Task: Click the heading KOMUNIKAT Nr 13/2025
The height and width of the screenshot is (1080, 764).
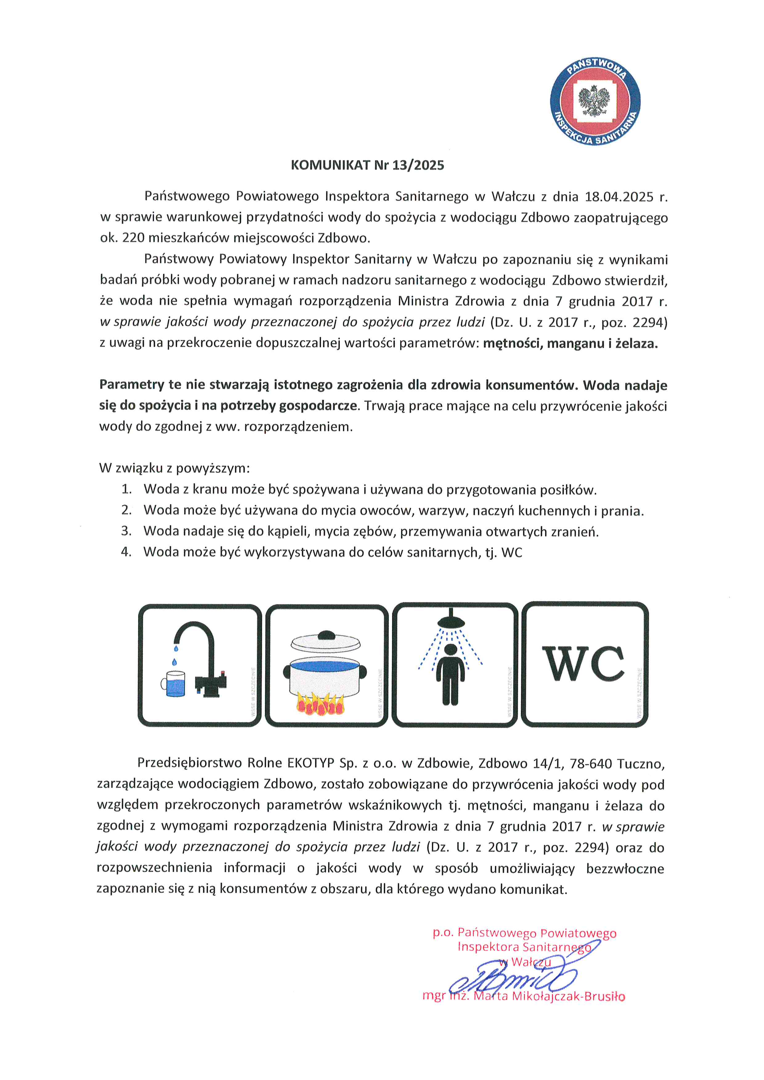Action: coord(368,165)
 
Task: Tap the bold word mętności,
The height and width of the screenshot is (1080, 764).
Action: coord(513,344)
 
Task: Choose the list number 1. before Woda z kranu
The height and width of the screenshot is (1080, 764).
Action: coord(127,489)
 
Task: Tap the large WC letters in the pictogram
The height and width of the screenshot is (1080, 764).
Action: coord(583,664)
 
